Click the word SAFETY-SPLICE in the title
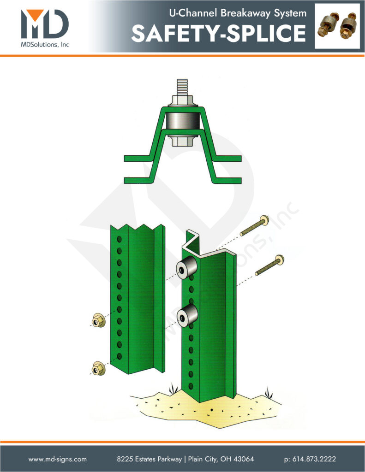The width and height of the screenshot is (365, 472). coord(218,33)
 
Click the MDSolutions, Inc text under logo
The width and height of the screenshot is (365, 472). coord(44,44)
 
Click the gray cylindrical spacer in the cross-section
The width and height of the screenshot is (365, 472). coord(183,122)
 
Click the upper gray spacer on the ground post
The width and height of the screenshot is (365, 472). coord(187,268)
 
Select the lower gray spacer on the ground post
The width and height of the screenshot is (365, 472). coord(187,316)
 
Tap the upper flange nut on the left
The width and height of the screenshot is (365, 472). coord(97,320)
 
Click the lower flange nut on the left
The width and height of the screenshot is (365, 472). coord(97,369)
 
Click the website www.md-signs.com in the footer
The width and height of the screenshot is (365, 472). coord(57,459)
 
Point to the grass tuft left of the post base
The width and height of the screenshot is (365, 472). coord(174,389)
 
